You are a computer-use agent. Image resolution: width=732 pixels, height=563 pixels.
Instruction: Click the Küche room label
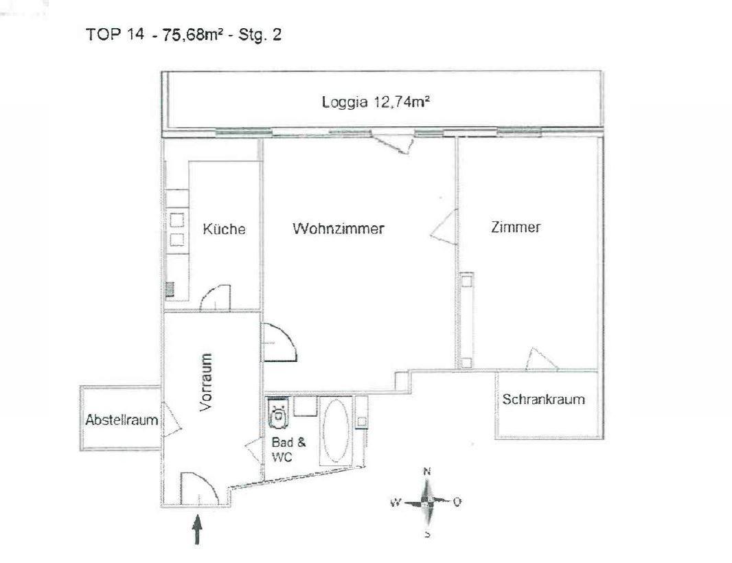tap(224, 230)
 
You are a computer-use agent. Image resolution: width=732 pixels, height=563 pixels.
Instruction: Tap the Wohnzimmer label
tap(339, 229)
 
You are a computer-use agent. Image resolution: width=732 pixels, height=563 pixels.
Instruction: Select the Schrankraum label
tap(543, 400)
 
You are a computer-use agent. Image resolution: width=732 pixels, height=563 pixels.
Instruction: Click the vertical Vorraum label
tap(207, 382)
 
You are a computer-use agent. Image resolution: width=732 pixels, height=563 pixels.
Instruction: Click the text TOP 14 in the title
tap(113, 36)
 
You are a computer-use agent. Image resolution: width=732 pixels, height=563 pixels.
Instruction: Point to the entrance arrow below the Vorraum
tap(198, 530)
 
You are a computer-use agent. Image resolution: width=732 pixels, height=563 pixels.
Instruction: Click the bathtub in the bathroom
tap(336, 431)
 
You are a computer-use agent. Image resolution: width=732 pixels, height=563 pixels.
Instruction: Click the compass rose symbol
tap(426, 502)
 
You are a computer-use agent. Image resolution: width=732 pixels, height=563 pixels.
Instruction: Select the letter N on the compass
tap(426, 472)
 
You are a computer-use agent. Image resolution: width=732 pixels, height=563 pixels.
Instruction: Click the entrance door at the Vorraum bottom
tap(198, 490)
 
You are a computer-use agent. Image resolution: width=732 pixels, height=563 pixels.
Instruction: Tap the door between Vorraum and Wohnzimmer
tap(279, 343)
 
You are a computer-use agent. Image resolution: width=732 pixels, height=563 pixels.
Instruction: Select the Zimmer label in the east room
tap(515, 228)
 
